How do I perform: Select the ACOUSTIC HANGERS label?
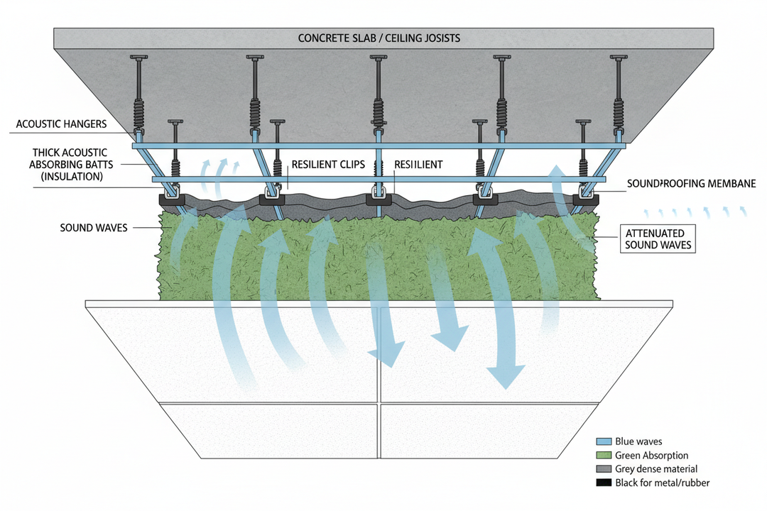point(61,125)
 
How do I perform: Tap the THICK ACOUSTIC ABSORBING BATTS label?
point(70,165)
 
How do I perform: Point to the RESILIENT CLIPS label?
point(328,165)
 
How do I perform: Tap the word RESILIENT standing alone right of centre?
point(418,165)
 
